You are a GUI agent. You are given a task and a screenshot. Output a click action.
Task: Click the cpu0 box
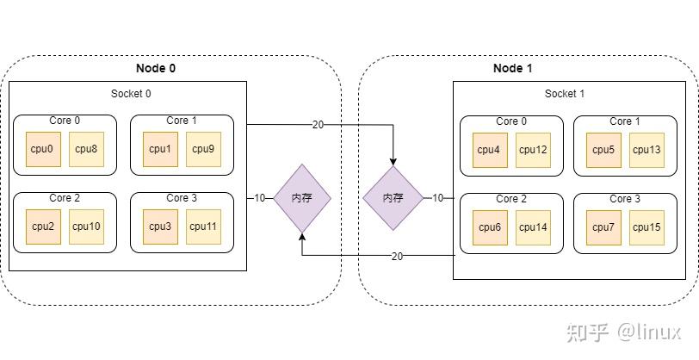click(42, 149)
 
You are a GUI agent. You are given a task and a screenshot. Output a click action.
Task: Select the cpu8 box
click(86, 149)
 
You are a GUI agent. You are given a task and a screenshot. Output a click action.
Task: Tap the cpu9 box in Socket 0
click(203, 149)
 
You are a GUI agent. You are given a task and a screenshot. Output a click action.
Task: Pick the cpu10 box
click(86, 227)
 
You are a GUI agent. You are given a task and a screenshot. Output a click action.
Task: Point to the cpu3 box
click(159, 227)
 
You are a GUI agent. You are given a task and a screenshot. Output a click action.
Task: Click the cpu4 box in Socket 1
click(488, 150)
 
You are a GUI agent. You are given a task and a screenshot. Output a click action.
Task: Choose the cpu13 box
click(646, 150)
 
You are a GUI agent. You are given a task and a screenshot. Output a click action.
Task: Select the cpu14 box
click(534, 227)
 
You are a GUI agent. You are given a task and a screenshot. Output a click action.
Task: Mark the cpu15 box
click(646, 227)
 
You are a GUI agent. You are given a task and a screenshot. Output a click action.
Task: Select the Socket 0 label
click(132, 94)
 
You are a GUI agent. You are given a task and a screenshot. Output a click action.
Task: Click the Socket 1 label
click(565, 94)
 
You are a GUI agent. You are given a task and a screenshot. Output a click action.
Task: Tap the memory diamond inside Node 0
click(301, 198)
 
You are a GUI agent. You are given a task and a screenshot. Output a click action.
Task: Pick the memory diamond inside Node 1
click(393, 198)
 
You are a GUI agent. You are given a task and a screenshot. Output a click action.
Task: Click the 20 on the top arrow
click(318, 125)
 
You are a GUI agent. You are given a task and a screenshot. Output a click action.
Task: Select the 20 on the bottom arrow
click(397, 256)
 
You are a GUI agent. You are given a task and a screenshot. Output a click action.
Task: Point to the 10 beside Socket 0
click(260, 198)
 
